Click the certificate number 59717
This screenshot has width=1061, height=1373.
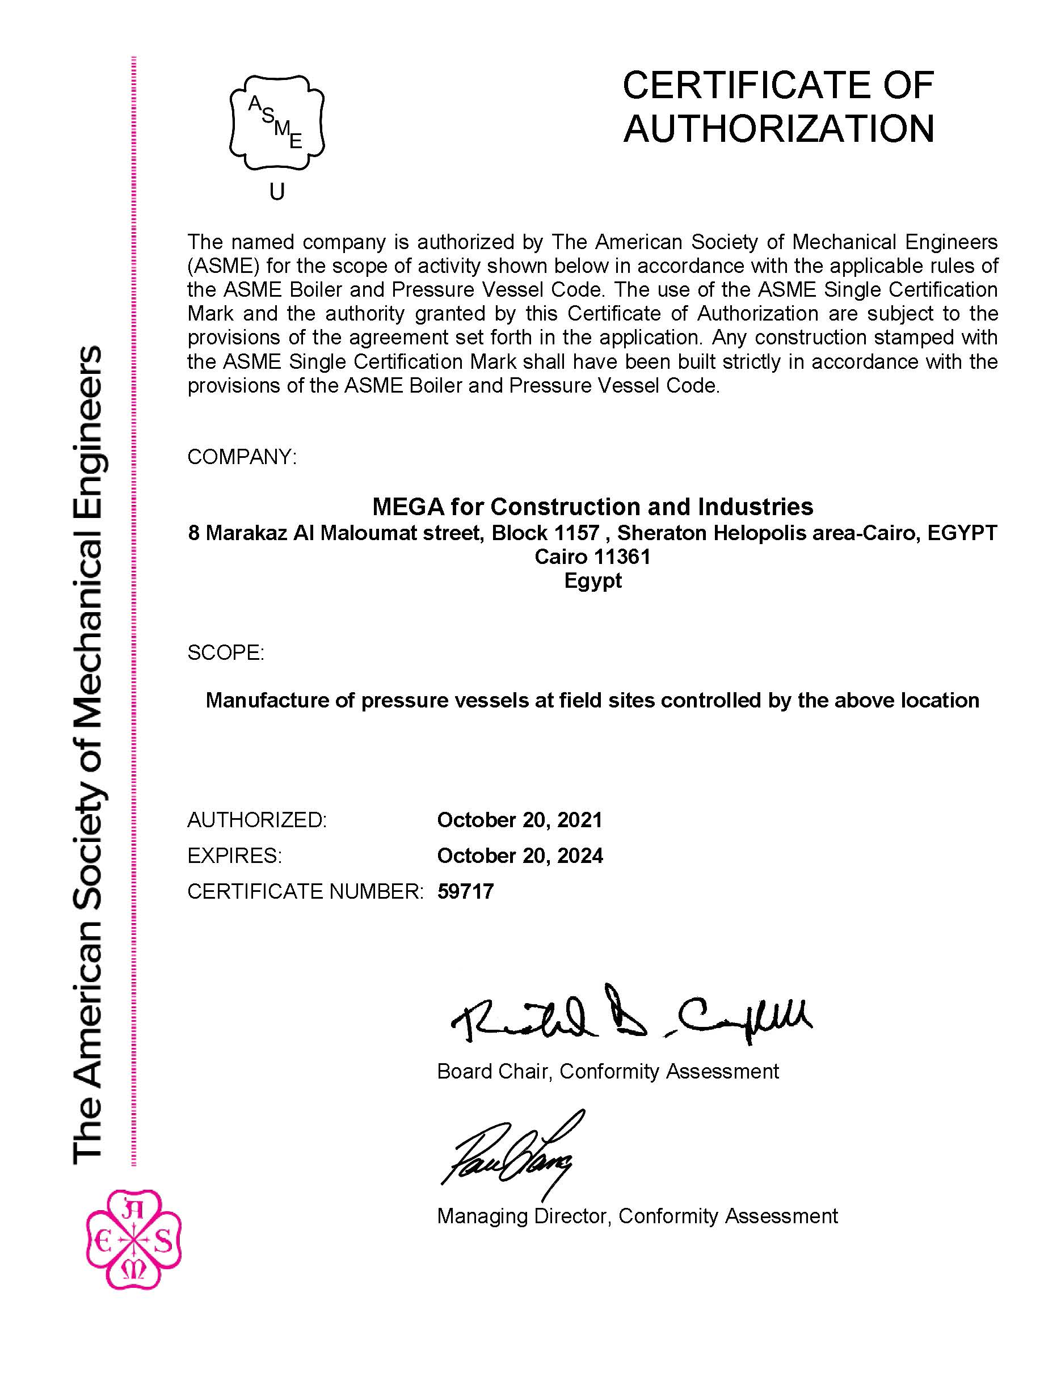(x=465, y=891)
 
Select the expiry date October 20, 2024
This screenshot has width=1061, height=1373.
(x=520, y=856)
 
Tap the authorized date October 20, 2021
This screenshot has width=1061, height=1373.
(x=520, y=820)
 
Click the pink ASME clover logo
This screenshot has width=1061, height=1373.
(x=133, y=1239)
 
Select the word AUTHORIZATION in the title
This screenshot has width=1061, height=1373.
(x=779, y=129)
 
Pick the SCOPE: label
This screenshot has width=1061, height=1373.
(x=226, y=652)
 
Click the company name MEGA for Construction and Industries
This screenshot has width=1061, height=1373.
(x=592, y=507)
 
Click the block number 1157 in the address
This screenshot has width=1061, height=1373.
(x=576, y=533)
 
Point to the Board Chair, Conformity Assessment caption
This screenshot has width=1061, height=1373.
(x=607, y=1071)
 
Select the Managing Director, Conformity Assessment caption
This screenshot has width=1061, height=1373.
(x=637, y=1216)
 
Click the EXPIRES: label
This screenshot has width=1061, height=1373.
(x=234, y=856)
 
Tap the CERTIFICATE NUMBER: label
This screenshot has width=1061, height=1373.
(x=305, y=891)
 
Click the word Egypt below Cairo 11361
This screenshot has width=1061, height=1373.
(x=593, y=580)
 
